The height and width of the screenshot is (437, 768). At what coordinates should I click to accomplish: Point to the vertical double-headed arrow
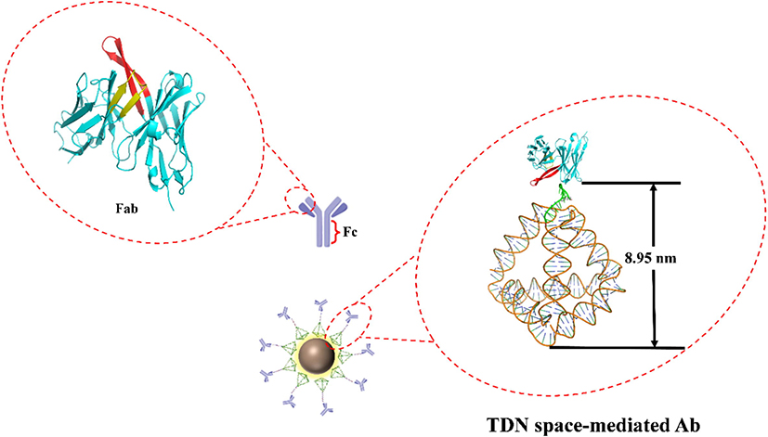655,265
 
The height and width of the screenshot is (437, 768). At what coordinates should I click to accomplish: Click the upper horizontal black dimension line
631,183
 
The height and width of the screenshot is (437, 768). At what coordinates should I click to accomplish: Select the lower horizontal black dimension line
618,348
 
